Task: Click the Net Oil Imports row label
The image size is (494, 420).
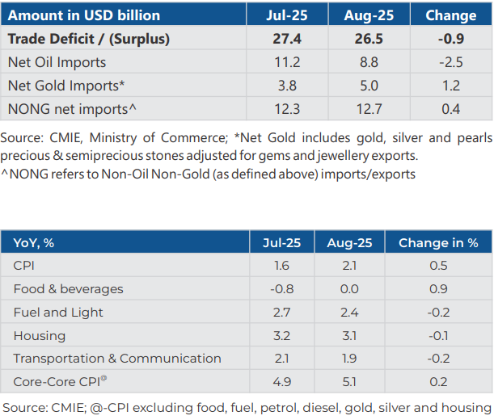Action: [57, 62]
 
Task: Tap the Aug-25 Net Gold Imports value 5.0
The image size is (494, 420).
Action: [368, 85]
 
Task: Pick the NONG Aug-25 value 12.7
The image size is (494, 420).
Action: [368, 108]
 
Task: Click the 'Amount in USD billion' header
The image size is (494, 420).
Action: [84, 15]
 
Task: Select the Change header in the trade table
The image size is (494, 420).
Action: [450, 15]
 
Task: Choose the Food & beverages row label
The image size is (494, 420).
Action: [69, 288]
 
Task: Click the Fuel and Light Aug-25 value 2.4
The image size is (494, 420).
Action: [348, 312]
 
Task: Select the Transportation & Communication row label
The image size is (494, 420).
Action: [117, 359]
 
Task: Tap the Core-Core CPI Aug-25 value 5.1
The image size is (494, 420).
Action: [348, 382]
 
